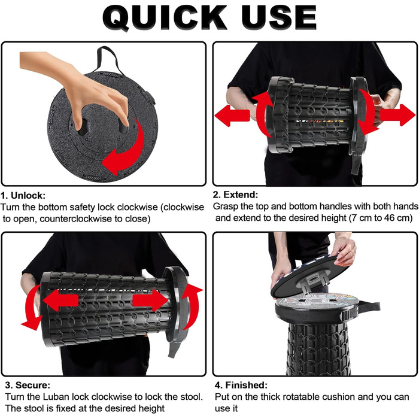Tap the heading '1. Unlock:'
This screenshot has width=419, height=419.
[x=23, y=195]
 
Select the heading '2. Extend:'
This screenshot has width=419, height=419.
[x=235, y=195]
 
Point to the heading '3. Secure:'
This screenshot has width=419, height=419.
[x=28, y=385]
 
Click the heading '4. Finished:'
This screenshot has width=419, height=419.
[x=241, y=385]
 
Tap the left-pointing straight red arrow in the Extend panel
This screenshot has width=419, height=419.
[x=232, y=116]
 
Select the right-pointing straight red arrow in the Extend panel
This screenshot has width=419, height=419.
[x=397, y=115]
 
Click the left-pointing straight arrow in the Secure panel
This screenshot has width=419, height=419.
[x=60, y=300]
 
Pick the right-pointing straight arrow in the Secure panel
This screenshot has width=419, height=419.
[x=150, y=300]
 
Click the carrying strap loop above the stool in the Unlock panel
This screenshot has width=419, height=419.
[x=108, y=57]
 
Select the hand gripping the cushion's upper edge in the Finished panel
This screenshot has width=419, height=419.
[x=345, y=251]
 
